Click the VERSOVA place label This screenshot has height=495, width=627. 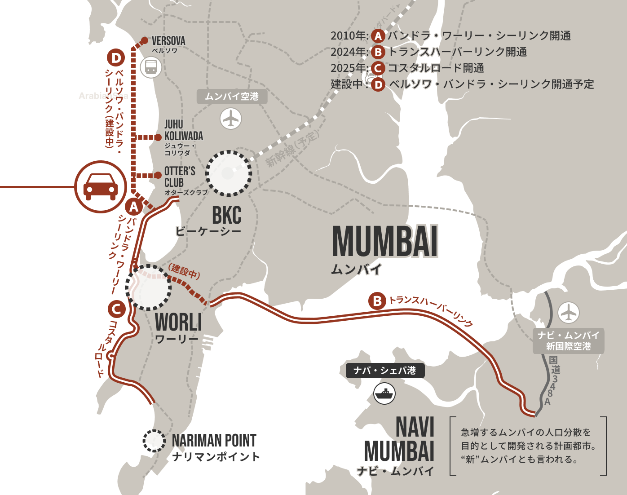(x=168, y=41)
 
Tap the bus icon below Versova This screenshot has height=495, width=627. (x=150, y=67)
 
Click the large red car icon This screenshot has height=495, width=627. (x=101, y=187)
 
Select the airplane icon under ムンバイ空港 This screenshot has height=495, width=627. (x=231, y=119)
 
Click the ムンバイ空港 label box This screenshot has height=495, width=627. (x=232, y=97)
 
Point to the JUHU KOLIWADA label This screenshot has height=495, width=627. (x=183, y=130)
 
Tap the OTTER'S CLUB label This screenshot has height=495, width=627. (x=180, y=177)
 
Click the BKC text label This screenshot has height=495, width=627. (x=226, y=215)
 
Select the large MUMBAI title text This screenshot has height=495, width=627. (x=385, y=242)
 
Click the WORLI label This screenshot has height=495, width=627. (x=178, y=322)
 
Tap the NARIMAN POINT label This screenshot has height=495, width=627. (x=214, y=441)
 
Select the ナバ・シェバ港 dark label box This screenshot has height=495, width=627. (x=384, y=371)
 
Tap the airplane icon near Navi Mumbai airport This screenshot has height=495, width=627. (x=568, y=312)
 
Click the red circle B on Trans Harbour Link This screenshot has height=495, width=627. (x=377, y=301)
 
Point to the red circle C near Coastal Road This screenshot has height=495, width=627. (x=116, y=309)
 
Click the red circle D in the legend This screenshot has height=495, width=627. (x=378, y=84)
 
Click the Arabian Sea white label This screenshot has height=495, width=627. (x=103, y=96)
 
